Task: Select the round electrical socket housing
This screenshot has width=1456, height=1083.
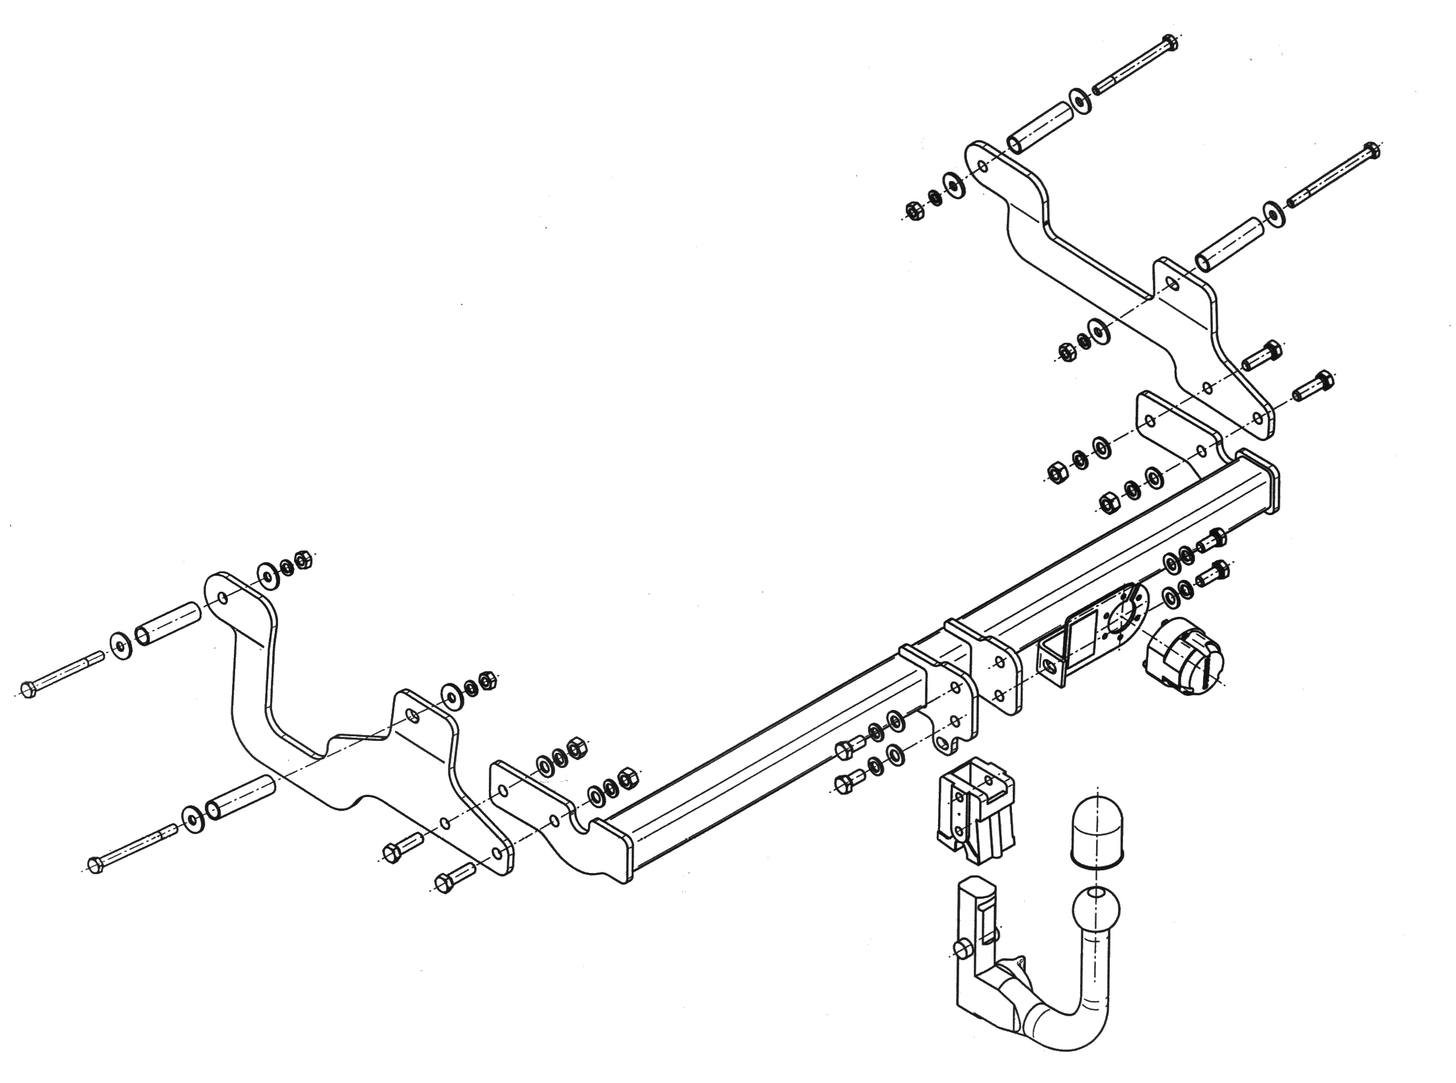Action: [x=1182, y=656]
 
